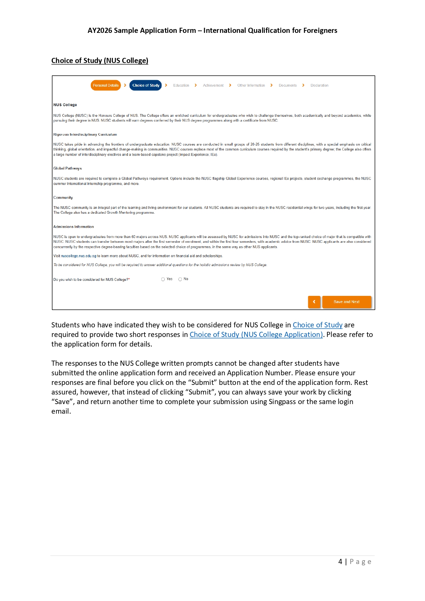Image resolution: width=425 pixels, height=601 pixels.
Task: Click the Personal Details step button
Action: click(105, 85)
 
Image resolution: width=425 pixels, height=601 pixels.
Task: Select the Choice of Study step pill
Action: click(146, 85)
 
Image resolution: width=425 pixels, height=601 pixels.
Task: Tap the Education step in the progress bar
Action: click(181, 85)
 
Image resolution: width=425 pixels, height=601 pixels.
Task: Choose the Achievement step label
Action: click(213, 85)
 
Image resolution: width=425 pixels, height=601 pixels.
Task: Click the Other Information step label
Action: click(251, 85)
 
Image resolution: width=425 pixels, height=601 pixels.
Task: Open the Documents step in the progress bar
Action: click(288, 85)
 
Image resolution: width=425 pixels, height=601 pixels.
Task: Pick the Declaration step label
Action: click(319, 85)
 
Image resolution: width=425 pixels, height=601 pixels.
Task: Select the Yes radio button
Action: click(163, 279)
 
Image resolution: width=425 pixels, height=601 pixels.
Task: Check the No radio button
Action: click(180, 279)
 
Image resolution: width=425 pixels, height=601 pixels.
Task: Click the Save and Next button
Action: click(347, 302)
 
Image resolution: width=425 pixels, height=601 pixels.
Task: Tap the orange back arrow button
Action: click(314, 302)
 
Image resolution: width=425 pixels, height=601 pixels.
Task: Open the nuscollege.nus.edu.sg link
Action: click(79, 256)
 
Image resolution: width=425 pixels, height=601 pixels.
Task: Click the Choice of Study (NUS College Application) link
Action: click(256, 335)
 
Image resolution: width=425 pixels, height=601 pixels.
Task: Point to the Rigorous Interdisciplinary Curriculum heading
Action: click(85, 134)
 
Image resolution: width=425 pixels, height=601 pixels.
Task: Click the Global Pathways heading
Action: click(67, 168)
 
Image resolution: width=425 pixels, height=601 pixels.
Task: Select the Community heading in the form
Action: click(63, 198)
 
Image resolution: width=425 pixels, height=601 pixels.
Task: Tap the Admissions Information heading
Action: click(74, 227)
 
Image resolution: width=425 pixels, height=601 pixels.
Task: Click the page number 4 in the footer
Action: click(340, 562)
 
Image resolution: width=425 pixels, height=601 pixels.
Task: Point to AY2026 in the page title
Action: click(100, 30)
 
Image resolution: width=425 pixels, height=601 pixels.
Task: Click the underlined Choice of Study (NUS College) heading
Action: click(100, 61)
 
